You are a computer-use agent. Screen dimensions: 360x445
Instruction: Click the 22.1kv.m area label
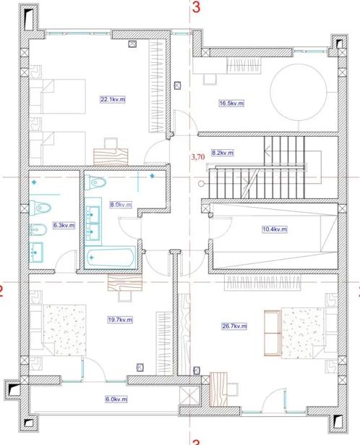pyautogui.click(x=113, y=99)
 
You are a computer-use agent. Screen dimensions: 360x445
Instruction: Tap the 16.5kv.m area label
pyautogui.click(x=231, y=103)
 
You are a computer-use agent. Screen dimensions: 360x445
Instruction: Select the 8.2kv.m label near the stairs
pyautogui.click(x=223, y=153)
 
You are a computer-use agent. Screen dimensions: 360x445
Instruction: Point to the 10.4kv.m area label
pyautogui.click(x=275, y=229)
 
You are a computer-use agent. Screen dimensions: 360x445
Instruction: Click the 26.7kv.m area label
pyautogui.click(x=234, y=326)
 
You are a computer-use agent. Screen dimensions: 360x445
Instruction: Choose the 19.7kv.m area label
pyautogui.click(x=120, y=320)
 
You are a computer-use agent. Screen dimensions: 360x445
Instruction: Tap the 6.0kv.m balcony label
pyautogui.click(x=116, y=399)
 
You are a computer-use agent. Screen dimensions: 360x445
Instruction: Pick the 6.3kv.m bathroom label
pyautogui.click(x=64, y=225)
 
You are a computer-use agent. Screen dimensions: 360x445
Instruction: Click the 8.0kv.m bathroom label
pyautogui.click(x=121, y=204)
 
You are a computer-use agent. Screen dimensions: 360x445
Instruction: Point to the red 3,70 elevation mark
pyautogui.click(x=198, y=157)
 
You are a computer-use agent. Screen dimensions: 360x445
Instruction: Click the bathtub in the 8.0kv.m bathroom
pyautogui.click(x=111, y=258)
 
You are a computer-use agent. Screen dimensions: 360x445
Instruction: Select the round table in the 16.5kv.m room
pyautogui.click(x=299, y=92)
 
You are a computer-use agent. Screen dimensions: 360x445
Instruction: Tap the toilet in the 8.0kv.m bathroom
pyautogui.click(x=96, y=182)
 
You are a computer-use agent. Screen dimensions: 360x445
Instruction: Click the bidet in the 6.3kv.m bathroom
pyautogui.click(x=38, y=229)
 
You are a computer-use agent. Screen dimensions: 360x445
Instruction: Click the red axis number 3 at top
pyautogui.click(x=196, y=7)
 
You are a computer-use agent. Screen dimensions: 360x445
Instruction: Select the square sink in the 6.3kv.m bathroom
pyautogui.click(x=36, y=253)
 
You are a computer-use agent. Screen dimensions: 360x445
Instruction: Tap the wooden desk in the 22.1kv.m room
pyautogui.click(x=111, y=157)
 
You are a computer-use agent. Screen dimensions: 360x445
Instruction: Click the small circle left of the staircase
pyautogui.click(x=201, y=184)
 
